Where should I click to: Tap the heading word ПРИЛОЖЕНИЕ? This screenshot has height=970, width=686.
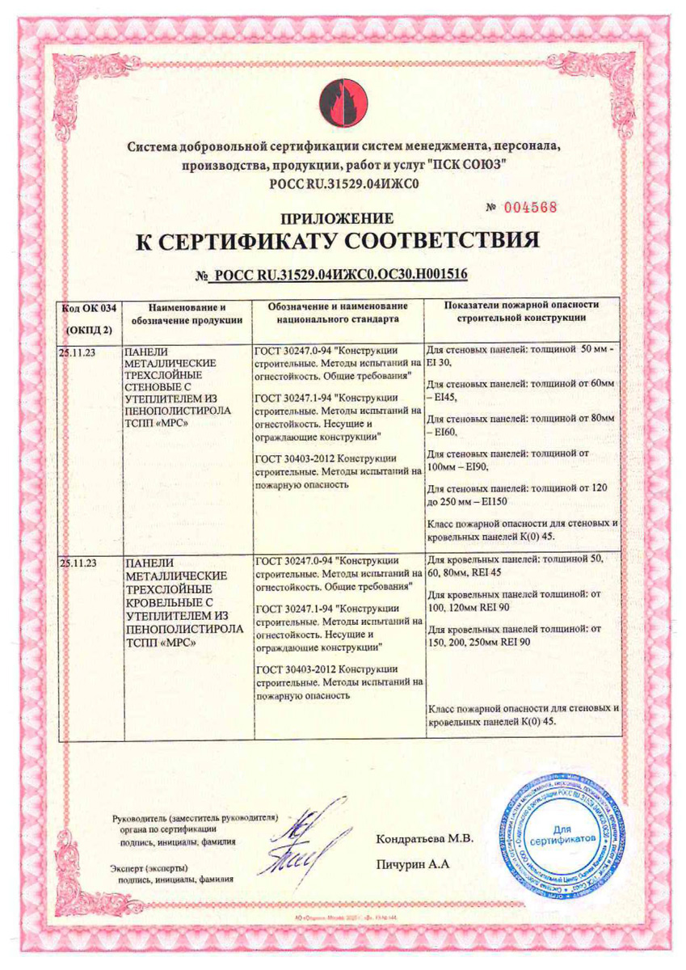(337, 218)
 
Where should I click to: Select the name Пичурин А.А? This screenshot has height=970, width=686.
(412, 865)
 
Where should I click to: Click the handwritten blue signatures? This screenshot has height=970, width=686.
(307, 838)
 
